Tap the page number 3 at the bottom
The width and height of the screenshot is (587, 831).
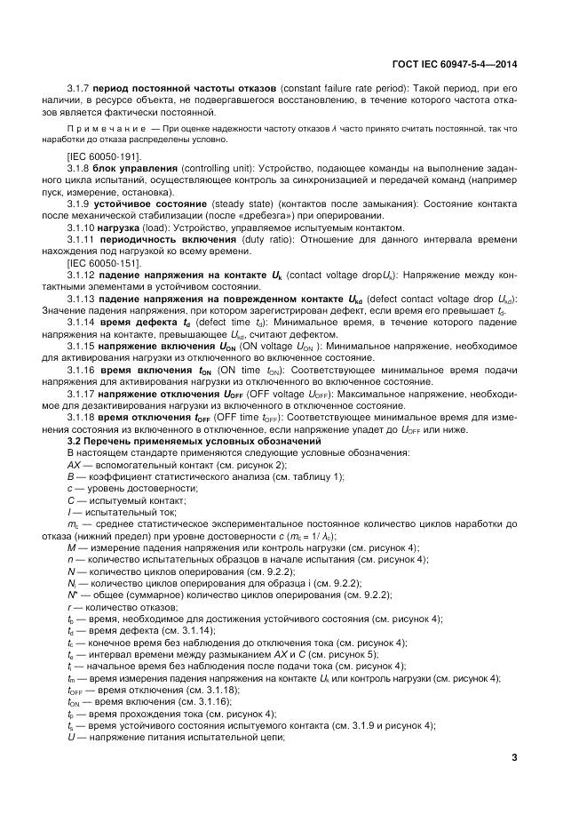click(513, 757)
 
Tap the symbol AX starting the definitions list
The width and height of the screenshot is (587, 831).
click(74, 465)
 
